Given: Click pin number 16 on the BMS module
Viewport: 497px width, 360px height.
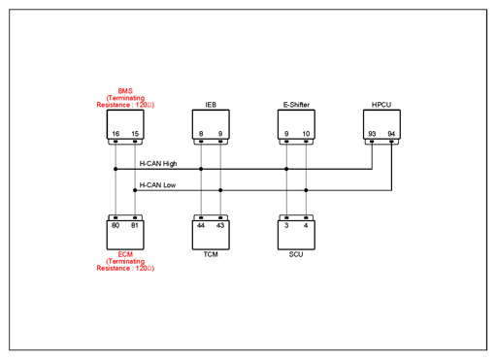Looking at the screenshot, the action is coord(116,134).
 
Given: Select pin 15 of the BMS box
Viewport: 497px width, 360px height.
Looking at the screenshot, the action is coord(135,134).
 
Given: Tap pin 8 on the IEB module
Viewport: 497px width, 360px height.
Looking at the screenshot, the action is coord(201,134).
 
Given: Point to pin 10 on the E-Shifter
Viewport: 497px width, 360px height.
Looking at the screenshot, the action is coord(306,134).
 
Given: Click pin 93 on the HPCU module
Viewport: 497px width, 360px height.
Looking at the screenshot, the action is coord(372,134).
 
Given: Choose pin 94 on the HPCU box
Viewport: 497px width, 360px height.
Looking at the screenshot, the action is coord(391,134).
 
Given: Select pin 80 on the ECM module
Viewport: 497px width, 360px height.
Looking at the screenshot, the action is coord(116,225).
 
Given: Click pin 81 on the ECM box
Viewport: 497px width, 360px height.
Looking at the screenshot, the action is coord(135,225).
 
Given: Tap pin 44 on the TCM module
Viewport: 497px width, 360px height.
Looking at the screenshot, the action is coord(201,225).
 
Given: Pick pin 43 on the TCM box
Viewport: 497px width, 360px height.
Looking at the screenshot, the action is coord(220,225).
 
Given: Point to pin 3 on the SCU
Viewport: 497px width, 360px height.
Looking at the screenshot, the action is coord(286,225).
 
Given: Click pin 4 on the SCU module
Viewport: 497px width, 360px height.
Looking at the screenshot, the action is coord(306,225).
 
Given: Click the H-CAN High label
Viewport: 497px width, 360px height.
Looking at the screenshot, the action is coord(158,164).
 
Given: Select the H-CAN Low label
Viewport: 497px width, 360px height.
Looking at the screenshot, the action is coord(157,185).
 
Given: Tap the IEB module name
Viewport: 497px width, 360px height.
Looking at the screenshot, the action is coord(211,105).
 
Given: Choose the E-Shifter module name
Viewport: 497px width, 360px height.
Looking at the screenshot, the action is coord(296,105).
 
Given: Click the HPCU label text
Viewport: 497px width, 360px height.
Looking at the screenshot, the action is coord(381,105).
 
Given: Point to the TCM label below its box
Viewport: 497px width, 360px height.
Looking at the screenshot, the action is coord(211,254).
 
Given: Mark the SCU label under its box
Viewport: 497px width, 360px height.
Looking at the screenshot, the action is coord(296,254).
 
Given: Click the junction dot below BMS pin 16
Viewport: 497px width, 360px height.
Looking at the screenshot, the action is coord(116,169).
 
